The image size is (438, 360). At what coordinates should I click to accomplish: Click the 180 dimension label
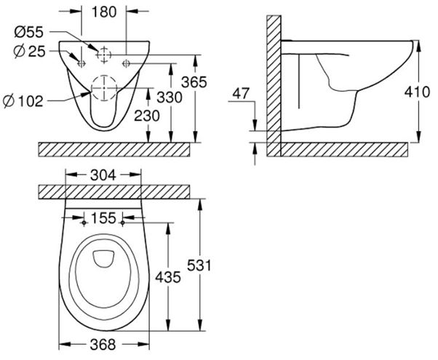(104, 12)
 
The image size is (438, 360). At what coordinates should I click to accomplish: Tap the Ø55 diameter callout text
(29, 32)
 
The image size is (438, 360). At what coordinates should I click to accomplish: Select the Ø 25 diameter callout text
(29, 52)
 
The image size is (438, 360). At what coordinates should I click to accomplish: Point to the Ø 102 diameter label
(23, 101)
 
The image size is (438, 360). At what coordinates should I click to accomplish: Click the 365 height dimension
(194, 82)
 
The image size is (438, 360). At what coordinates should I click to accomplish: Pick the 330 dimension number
(170, 97)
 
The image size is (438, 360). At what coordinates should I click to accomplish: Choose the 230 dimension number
(147, 116)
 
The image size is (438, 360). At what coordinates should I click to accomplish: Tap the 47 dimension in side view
(241, 93)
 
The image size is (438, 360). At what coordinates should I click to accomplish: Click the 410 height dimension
(418, 92)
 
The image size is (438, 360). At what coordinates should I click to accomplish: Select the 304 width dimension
(103, 175)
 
